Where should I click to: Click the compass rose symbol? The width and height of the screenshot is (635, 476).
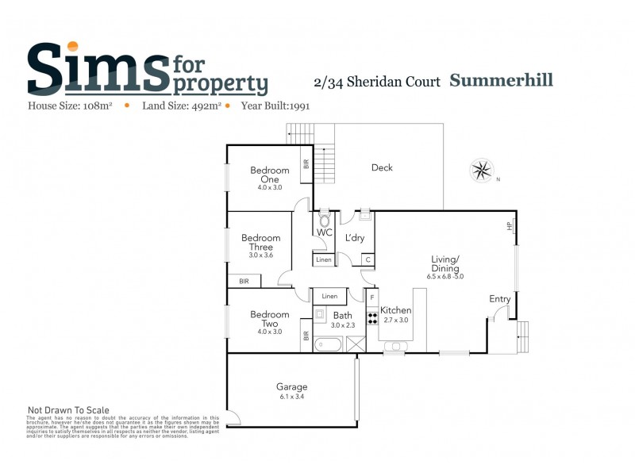pyautogui.click(x=481, y=170)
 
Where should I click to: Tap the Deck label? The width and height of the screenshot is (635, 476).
pyautogui.click(x=382, y=167)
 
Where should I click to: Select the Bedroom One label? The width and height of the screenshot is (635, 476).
pyautogui.click(x=270, y=175)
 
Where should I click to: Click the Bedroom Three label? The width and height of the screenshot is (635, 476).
pyautogui.click(x=261, y=243)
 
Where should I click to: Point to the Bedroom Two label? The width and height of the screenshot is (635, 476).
pyautogui.click(x=270, y=319)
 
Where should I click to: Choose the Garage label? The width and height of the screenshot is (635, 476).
pyautogui.click(x=292, y=387)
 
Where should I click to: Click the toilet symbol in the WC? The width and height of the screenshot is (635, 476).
pyautogui.click(x=324, y=218)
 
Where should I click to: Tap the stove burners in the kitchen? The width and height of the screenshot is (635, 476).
pyautogui.click(x=371, y=317)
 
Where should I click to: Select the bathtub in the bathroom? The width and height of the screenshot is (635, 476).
pyautogui.click(x=328, y=345)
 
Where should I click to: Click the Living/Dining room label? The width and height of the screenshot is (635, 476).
pyautogui.click(x=445, y=263)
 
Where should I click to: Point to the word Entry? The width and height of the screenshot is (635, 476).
pyautogui.click(x=500, y=299)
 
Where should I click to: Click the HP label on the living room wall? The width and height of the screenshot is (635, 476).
pyautogui.click(x=510, y=226)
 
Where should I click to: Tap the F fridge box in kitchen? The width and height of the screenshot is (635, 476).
pyautogui.click(x=371, y=297)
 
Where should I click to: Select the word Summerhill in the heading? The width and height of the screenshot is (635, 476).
pyautogui.click(x=502, y=80)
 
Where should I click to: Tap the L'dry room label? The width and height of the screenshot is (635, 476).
pyautogui.click(x=354, y=237)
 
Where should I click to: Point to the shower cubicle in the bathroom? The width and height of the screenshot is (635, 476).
pyautogui.click(x=356, y=344)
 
